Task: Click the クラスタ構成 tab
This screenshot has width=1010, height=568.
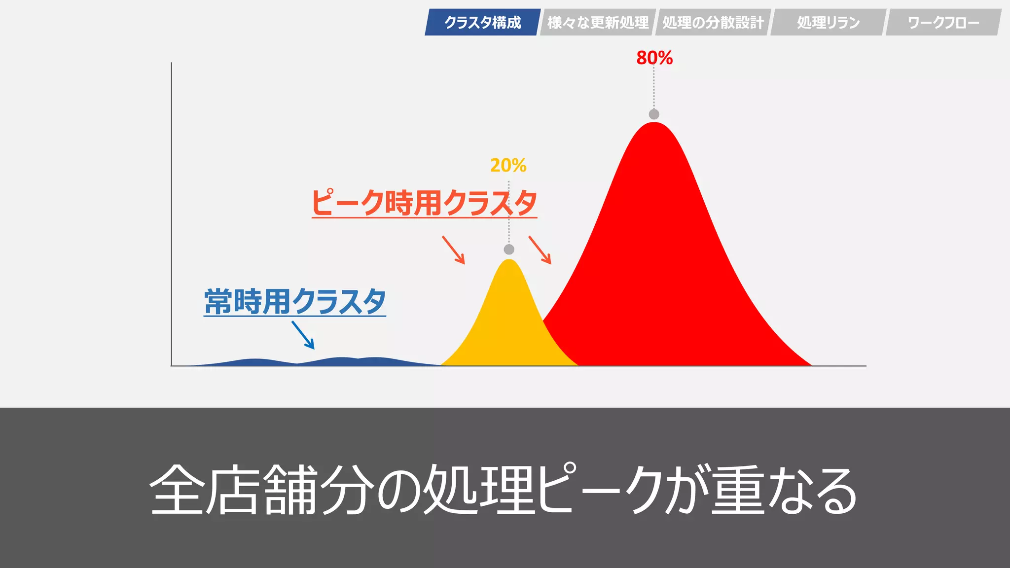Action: (x=482, y=22)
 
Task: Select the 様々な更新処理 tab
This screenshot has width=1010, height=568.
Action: (x=598, y=22)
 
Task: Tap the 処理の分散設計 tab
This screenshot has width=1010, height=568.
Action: (x=713, y=22)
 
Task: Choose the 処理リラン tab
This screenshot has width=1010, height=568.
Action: (x=828, y=22)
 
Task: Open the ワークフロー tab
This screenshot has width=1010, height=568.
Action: (x=943, y=22)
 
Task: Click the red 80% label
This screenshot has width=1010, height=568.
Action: (x=654, y=58)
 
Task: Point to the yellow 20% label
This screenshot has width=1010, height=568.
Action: (x=508, y=165)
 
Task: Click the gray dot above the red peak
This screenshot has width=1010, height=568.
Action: (x=654, y=114)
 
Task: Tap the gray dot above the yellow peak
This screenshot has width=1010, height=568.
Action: (x=509, y=249)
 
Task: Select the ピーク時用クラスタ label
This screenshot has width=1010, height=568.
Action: (x=424, y=203)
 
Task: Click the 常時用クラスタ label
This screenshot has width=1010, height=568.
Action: (x=295, y=301)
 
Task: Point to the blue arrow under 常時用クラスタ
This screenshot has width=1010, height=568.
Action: (x=303, y=335)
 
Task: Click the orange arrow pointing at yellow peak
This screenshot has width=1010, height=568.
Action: (x=453, y=250)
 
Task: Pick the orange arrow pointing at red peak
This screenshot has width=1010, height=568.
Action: (x=540, y=250)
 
